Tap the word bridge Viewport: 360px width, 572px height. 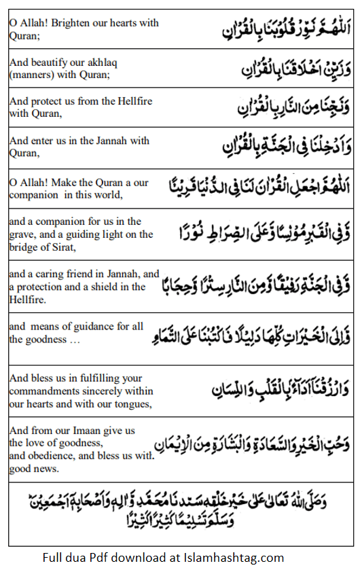click(24, 246)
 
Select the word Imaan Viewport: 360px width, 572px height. click(95, 431)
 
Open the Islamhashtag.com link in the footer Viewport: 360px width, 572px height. click(233, 558)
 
